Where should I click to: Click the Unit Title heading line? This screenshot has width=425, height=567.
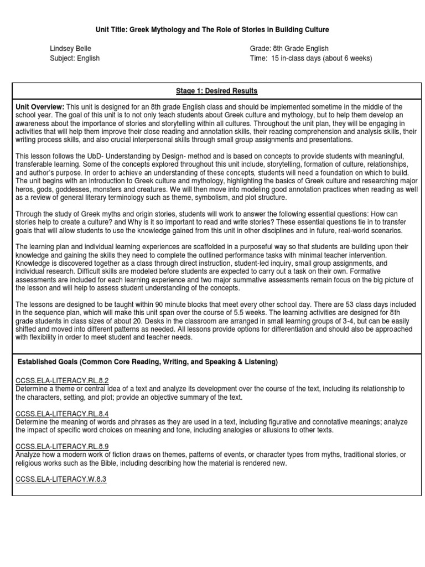[212, 29]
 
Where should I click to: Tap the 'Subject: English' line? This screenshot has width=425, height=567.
[75, 58]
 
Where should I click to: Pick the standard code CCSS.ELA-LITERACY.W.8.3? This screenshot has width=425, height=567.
[60, 480]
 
